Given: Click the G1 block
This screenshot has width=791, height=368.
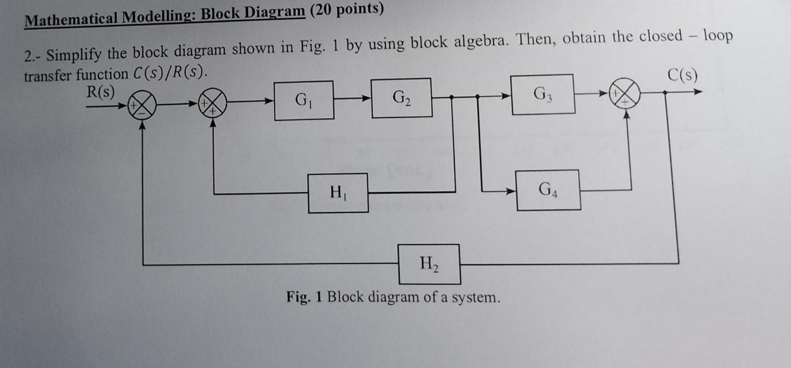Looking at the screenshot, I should tap(304, 101).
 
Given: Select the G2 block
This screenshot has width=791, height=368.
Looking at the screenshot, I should tap(401, 98).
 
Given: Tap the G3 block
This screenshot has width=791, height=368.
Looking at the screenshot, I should tap(543, 94).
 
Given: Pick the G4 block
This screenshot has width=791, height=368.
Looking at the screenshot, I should tap(548, 190).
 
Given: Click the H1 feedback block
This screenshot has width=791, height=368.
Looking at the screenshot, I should tap(338, 193).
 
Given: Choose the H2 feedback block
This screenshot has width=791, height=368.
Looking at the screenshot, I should tap(429, 264).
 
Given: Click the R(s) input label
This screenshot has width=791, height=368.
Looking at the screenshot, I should tap(100, 92).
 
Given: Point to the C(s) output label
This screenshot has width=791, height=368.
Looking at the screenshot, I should tap(682, 75).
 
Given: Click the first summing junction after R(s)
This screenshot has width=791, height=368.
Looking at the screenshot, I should tap(142, 105).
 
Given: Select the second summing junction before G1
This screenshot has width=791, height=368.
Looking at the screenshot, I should tap(213, 103).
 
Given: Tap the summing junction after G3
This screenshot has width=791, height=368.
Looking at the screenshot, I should tap(625, 93).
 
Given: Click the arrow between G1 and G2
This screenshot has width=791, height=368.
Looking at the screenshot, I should tap(353, 98).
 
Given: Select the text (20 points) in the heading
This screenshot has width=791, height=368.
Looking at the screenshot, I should tap(347, 9).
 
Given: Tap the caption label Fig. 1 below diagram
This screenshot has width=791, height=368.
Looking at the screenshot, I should tap(304, 297).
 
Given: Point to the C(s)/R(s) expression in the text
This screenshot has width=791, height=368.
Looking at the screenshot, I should tap(169, 73).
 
